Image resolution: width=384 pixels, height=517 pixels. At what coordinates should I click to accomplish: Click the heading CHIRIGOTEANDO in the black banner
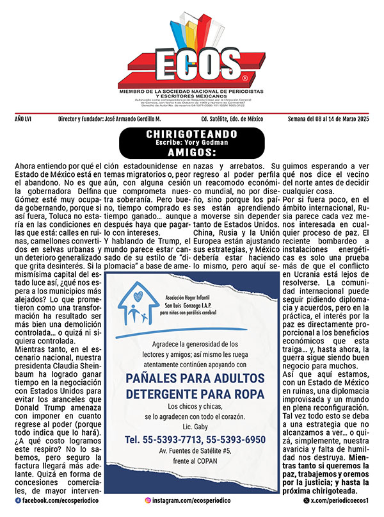point(191,133)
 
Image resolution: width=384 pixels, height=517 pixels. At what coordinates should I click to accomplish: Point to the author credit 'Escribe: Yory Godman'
point(191,144)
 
